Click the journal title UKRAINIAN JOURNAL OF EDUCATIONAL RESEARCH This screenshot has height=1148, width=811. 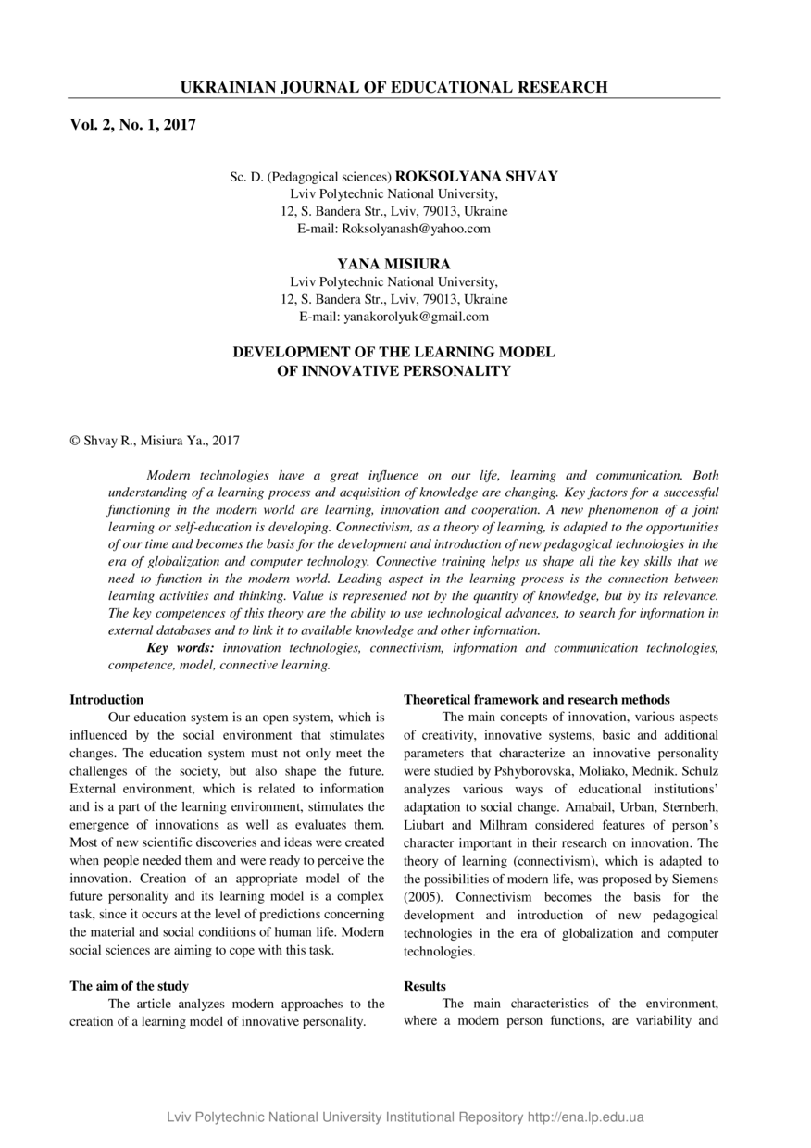[393, 88]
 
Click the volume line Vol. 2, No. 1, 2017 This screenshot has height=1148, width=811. [132, 124]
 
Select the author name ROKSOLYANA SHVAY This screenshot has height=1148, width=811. [477, 176]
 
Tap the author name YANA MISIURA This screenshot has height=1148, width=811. [393, 264]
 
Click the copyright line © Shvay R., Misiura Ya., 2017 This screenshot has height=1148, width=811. [155, 442]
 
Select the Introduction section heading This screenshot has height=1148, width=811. [106, 700]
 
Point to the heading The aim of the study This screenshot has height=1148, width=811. [130, 987]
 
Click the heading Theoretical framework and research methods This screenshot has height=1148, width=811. [537, 700]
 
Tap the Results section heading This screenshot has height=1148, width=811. [425, 987]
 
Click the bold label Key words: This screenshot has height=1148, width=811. [181, 648]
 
